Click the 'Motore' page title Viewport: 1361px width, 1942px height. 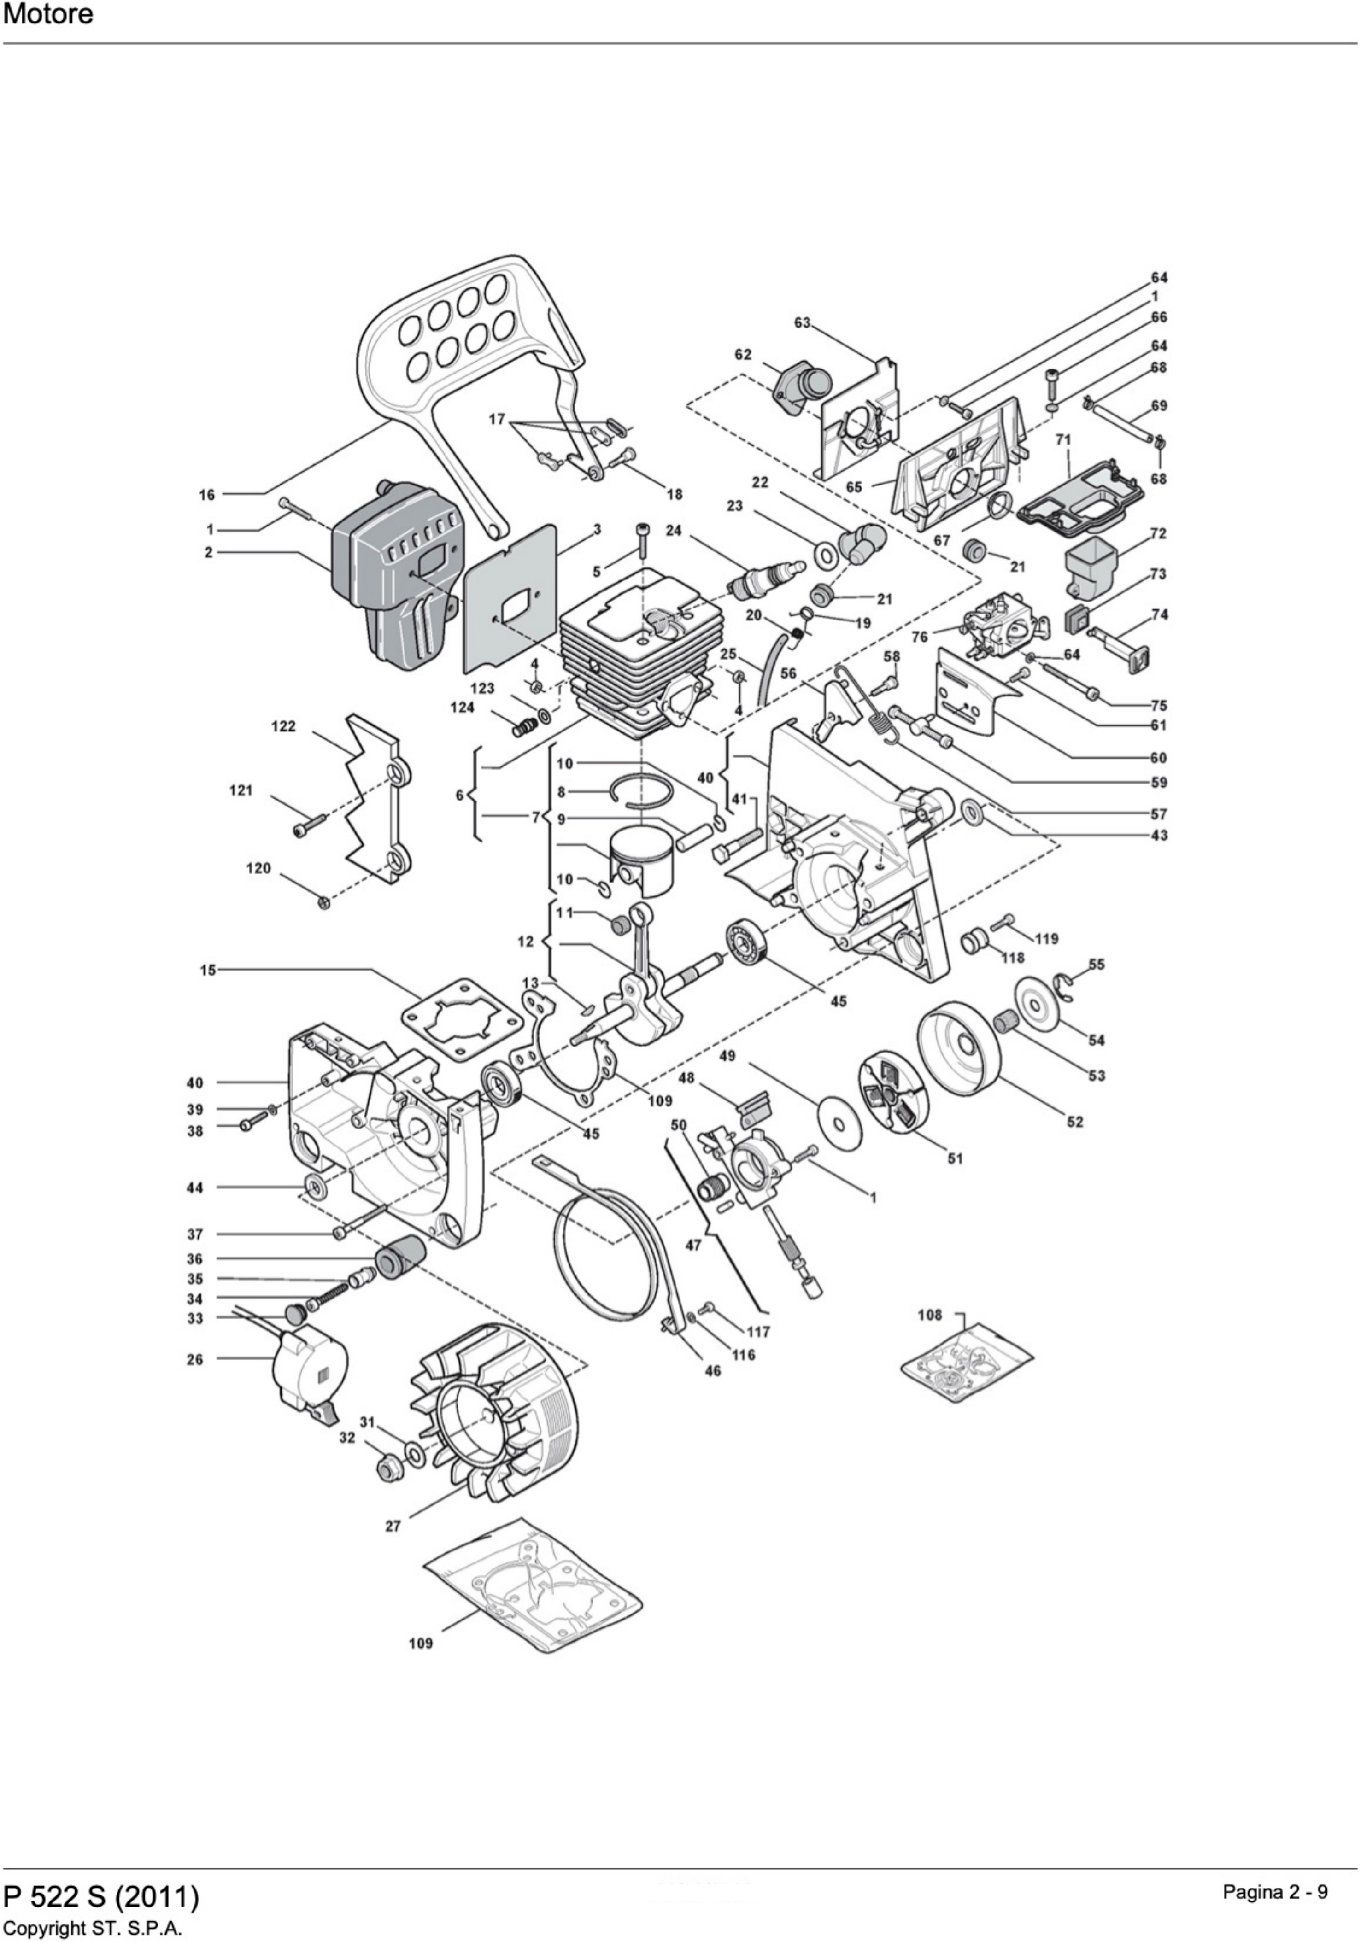click(48, 14)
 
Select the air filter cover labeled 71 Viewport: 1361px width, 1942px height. click(1076, 499)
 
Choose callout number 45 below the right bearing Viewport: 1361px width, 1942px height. click(838, 1001)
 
